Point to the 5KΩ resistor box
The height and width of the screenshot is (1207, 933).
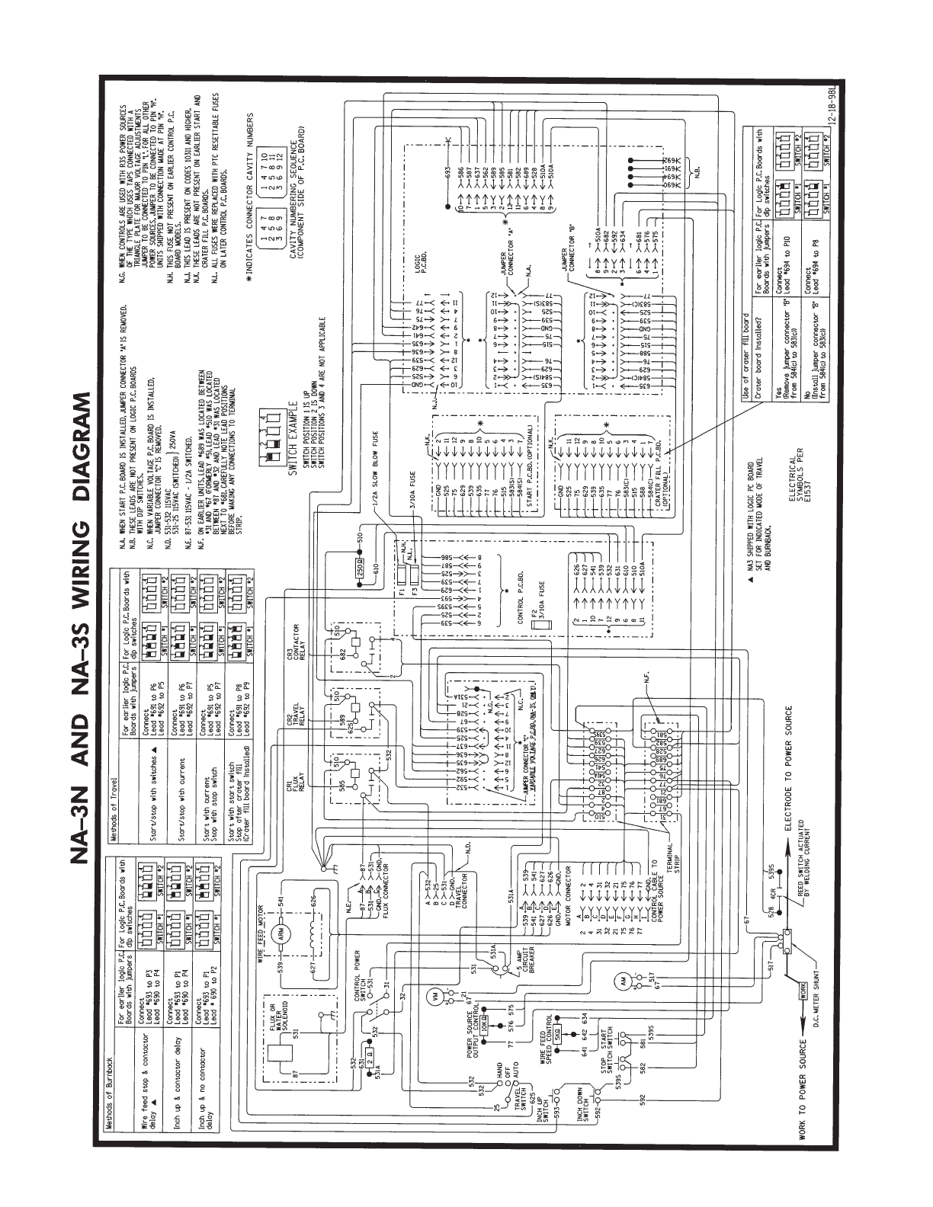pyautogui.click(x=556, y=1036)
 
